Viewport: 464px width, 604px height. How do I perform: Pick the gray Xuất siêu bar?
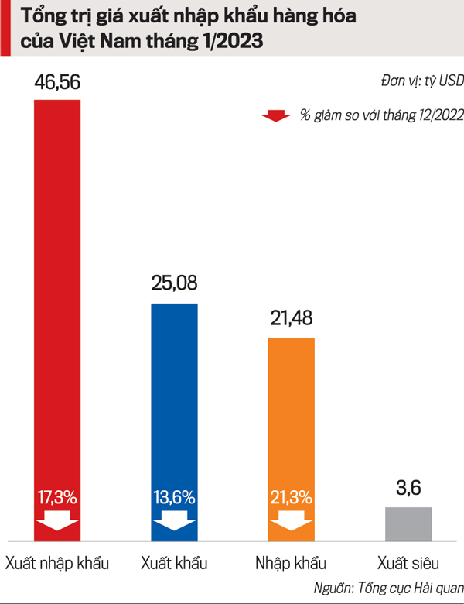(408, 523)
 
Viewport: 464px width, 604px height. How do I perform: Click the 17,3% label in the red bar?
(57, 496)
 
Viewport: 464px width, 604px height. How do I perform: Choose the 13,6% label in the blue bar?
(174, 496)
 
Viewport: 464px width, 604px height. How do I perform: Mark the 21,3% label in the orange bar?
(291, 496)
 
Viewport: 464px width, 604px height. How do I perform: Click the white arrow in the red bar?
(57, 520)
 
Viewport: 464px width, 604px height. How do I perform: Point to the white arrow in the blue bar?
(174, 520)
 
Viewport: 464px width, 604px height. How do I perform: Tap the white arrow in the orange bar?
(291, 520)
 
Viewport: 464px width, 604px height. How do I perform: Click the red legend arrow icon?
(275, 116)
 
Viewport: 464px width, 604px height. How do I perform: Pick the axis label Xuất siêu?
(408, 562)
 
